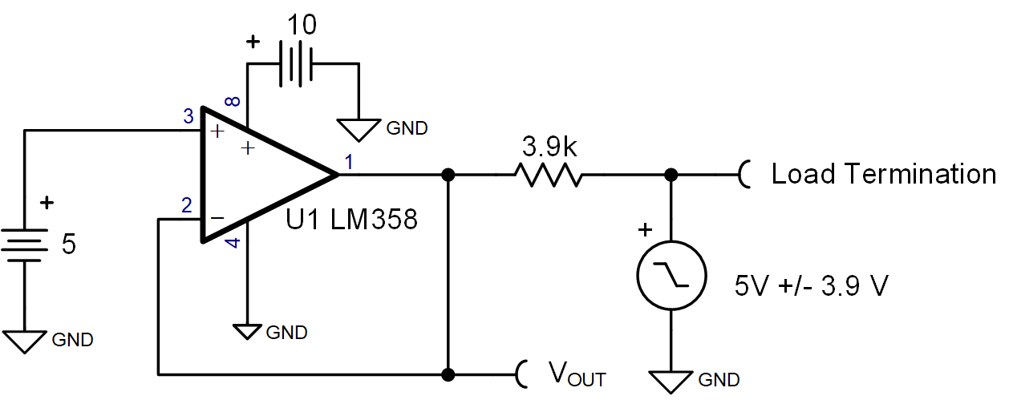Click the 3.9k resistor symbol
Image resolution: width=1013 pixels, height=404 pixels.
pos(548,174)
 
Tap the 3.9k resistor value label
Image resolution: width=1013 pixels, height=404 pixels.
pos(548,147)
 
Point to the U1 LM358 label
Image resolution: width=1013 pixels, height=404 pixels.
pos(352,220)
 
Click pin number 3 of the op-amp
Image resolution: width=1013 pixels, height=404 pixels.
pos(188,118)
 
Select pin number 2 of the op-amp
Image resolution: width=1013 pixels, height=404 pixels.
pos(187,205)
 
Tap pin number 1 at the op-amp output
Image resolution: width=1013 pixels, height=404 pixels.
pos(348,162)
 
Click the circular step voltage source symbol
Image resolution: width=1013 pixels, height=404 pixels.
pos(671,274)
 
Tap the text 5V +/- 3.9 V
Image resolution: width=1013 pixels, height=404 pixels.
pos(811,286)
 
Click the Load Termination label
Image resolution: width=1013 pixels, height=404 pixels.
pos(883,174)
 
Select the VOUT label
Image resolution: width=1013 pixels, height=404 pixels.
pos(577,374)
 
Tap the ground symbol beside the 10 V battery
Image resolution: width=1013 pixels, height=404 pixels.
pos(359,129)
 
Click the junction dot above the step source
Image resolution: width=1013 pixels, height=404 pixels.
pos(671,174)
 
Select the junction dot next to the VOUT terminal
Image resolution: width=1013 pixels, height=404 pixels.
pos(448,374)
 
